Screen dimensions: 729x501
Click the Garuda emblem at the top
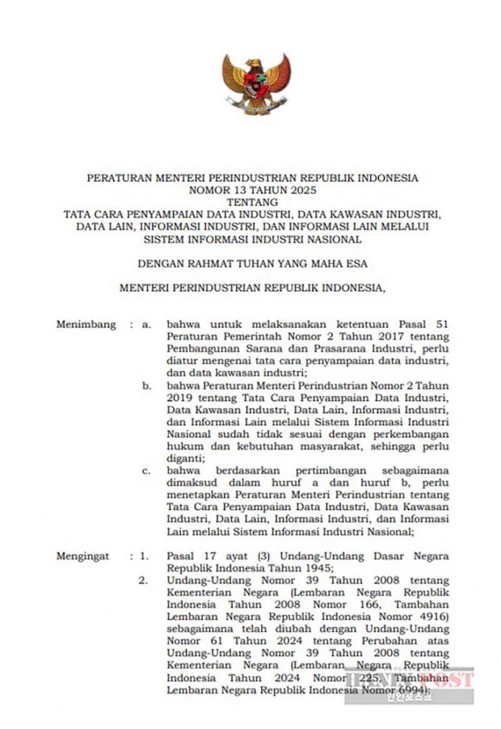pos(256,86)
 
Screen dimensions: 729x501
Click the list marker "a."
pos(147,323)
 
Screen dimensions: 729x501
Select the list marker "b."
pos(147,385)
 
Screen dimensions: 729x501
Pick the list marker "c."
pos(147,471)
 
